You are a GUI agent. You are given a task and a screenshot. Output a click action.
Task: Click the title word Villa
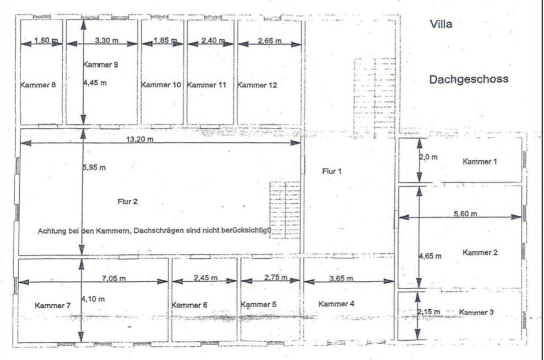click(x=441, y=24)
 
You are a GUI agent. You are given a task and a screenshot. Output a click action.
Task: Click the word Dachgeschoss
click(x=469, y=79)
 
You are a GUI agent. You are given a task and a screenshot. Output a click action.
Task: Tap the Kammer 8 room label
click(x=38, y=85)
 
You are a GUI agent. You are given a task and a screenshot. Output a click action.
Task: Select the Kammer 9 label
click(x=101, y=64)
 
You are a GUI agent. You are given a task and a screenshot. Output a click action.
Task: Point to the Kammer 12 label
click(x=257, y=85)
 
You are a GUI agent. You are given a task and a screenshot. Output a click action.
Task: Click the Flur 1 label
click(x=331, y=171)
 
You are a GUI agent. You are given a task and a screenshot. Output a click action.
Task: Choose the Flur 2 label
click(x=128, y=201)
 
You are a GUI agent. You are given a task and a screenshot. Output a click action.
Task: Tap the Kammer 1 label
click(x=480, y=161)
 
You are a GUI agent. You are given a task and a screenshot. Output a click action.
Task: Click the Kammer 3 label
click(x=476, y=312)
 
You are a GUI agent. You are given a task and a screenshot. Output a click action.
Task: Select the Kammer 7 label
click(x=52, y=306)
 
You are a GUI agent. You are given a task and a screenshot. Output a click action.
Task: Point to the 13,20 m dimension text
click(x=140, y=139)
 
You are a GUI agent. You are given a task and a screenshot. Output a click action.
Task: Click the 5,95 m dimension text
click(x=94, y=167)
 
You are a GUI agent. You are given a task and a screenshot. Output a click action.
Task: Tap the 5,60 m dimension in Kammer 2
click(x=465, y=214)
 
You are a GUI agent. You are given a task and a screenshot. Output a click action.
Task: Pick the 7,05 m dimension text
click(x=114, y=278)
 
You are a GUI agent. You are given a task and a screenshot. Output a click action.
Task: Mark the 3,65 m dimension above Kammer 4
click(x=341, y=278)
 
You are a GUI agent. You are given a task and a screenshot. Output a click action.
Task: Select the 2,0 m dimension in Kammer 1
click(x=428, y=157)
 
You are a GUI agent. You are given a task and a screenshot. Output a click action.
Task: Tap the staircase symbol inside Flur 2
click(x=285, y=210)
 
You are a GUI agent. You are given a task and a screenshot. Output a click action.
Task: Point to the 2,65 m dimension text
click(x=270, y=41)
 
